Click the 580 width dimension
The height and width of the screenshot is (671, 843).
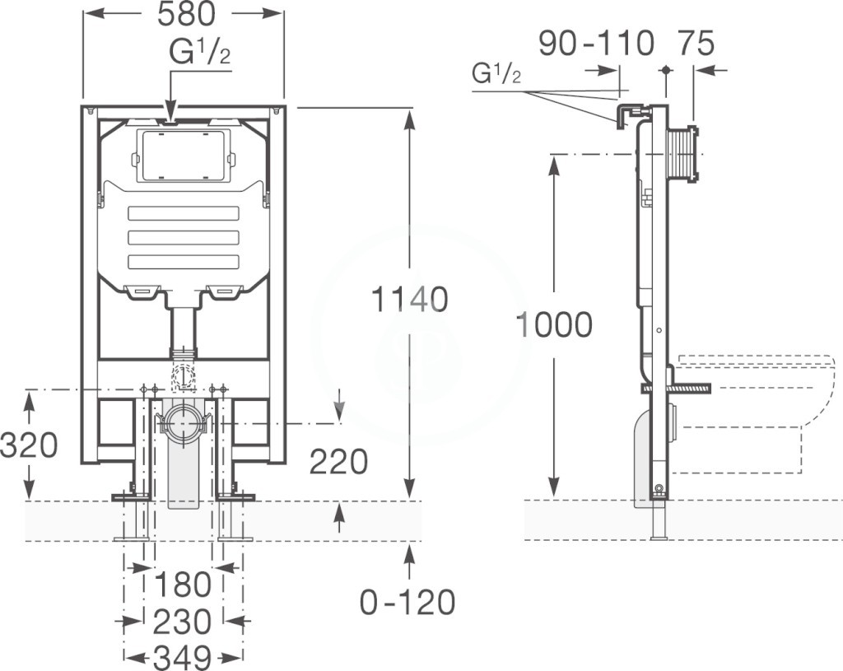click(x=186, y=15)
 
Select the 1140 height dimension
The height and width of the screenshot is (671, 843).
click(x=410, y=300)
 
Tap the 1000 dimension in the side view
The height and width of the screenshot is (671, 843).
click(x=554, y=324)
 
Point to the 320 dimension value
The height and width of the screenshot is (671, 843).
click(x=29, y=445)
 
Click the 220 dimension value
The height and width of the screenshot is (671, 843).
click(x=338, y=461)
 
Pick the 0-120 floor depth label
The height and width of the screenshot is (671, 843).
click(x=407, y=602)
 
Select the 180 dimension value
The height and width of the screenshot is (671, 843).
click(x=184, y=584)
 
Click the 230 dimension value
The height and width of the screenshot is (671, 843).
click(x=183, y=622)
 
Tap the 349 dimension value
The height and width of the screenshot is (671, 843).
click(x=183, y=657)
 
